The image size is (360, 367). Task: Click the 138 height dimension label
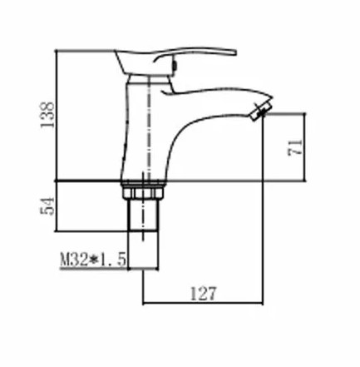(47, 115)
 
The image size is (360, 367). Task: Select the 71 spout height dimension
(295, 147)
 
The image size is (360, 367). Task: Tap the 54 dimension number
(47, 206)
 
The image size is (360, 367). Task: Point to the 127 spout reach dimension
(203, 293)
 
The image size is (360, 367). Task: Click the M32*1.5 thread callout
(93, 260)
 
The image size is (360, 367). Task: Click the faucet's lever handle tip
(235, 52)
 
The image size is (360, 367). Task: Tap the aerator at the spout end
(260, 111)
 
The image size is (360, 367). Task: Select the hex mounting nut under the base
(142, 193)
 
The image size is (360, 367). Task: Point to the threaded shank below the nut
(143, 215)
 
